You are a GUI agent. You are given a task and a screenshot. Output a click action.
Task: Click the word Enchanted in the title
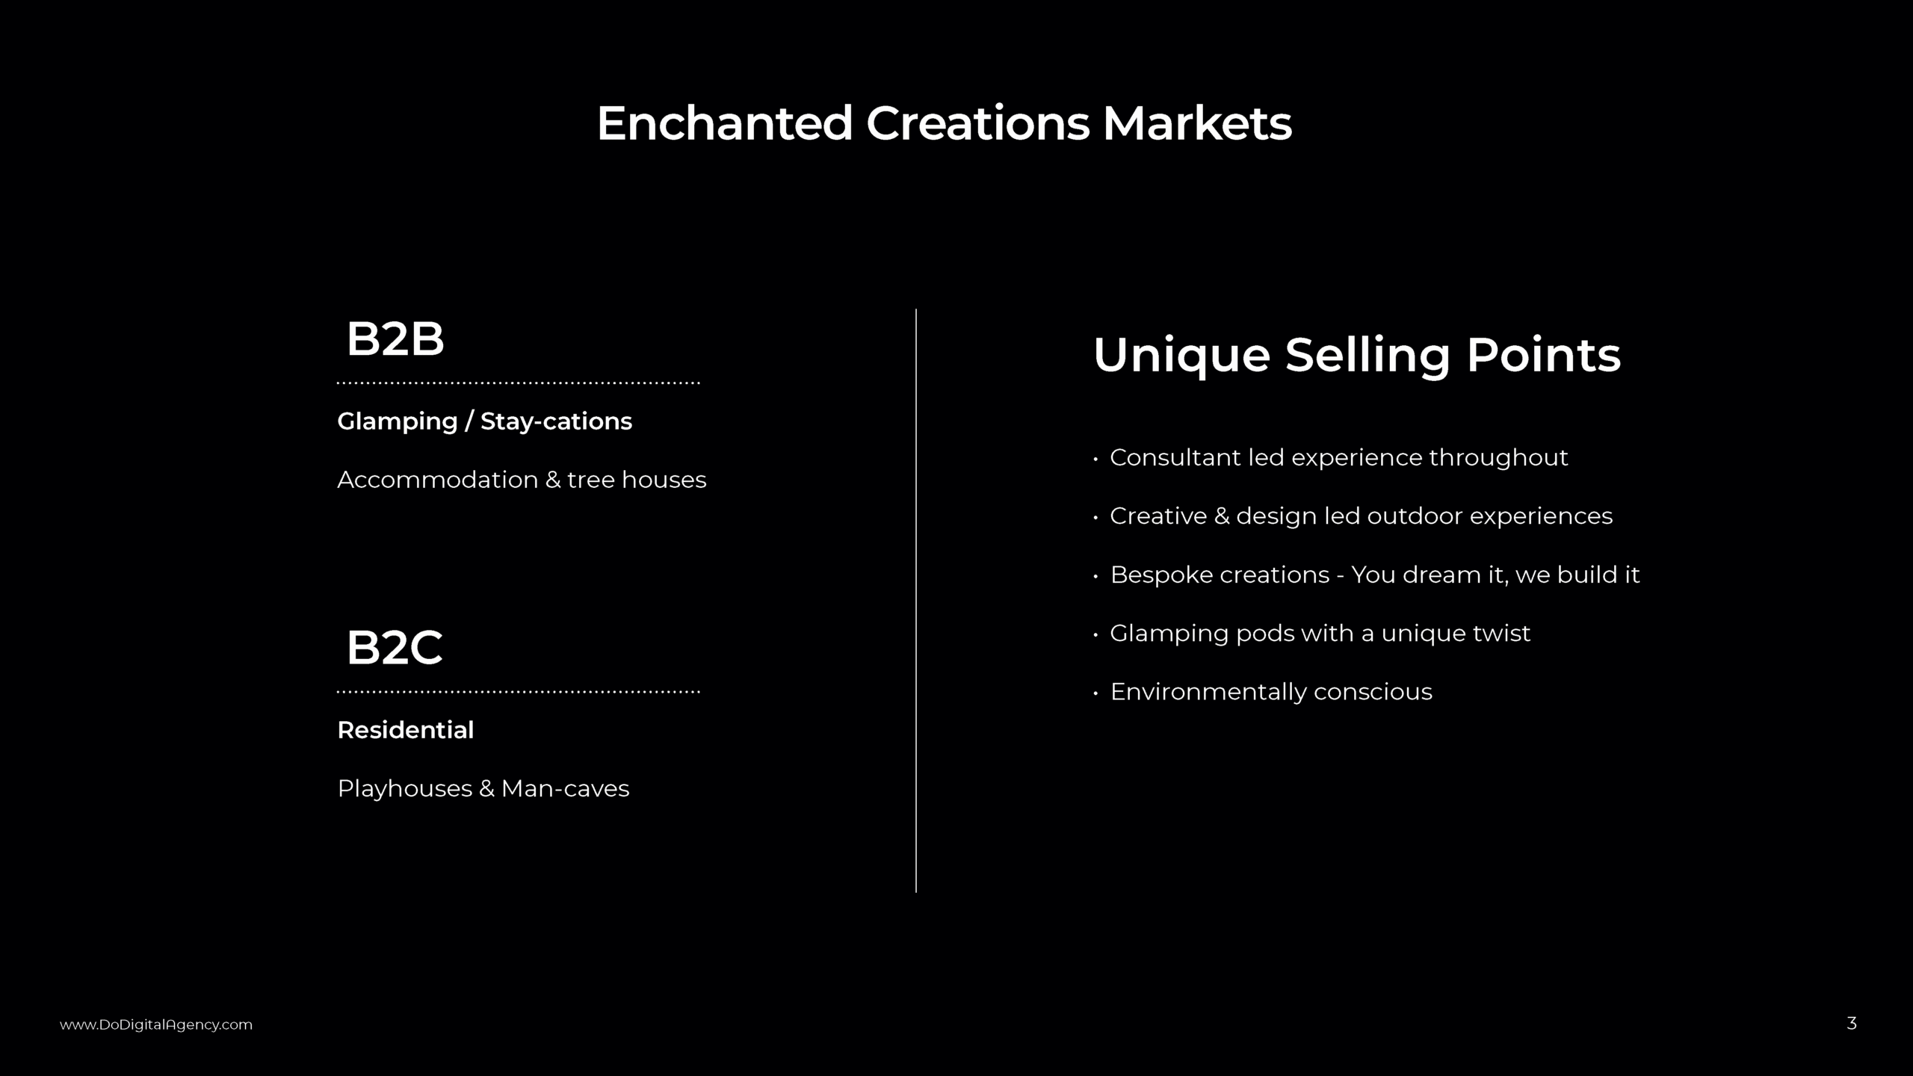[724, 123]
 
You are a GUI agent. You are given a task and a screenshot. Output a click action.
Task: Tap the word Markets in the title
[1197, 123]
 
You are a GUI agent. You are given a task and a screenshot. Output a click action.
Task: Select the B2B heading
[395, 339]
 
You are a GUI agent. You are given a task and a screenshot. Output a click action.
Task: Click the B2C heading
[394, 648]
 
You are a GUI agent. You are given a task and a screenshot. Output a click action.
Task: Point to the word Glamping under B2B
[397, 421]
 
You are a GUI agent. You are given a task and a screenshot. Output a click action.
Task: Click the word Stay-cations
[556, 421]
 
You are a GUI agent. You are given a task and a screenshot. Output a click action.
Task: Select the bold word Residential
[405, 730]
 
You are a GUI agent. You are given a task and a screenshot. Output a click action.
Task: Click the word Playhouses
[404, 789]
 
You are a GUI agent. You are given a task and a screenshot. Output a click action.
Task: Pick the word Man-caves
[565, 789]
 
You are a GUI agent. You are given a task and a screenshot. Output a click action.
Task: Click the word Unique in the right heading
[1181, 355]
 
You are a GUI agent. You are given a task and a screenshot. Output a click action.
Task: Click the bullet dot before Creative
[1095, 517]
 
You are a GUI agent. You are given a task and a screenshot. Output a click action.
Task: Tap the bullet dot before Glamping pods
[1095, 634]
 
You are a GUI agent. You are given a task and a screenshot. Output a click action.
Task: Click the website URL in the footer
[156, 1024]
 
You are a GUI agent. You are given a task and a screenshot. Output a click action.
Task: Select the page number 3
[1851, 1023]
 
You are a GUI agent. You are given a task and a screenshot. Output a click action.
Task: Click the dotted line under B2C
[518, 692]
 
